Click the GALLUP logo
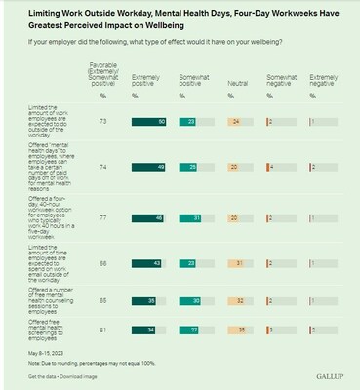pos(325,375)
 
